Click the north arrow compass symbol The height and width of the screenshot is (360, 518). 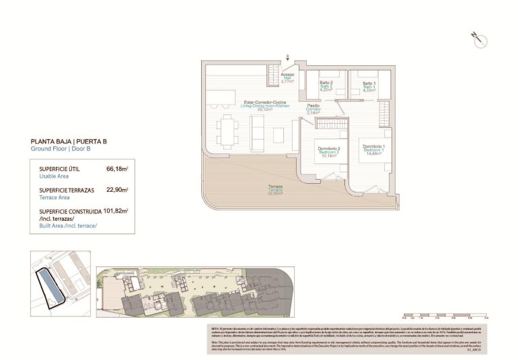pyautogui.click(x=479, y=39)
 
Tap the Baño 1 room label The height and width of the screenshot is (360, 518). pyautogui.click(x=369, y=86)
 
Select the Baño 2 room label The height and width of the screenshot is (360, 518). pyautogui.click(x=326, y=86)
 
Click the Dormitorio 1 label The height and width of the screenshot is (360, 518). pyautogui.click(x=373, y=149)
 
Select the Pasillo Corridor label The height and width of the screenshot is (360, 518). pyautogui.click(x=313, y=109)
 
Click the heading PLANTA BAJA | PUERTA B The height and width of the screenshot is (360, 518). pyautogui.click(x=69, y=141)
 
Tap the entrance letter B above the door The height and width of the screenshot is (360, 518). pyautogui.click(x=287, y=57)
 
